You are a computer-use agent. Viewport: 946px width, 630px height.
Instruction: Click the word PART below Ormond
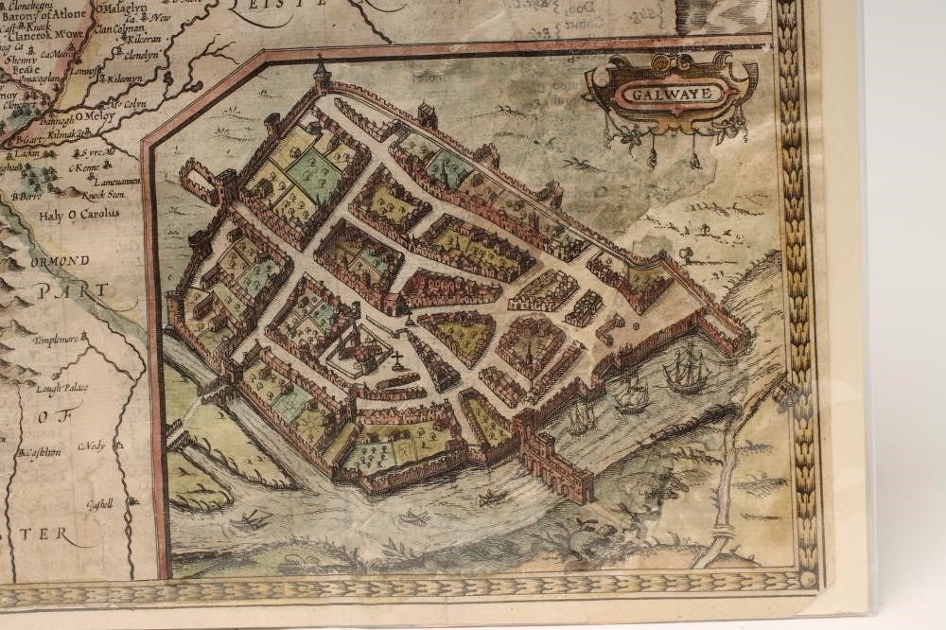pos(60,293)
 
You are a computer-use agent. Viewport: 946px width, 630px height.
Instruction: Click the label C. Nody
pos(90,446)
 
